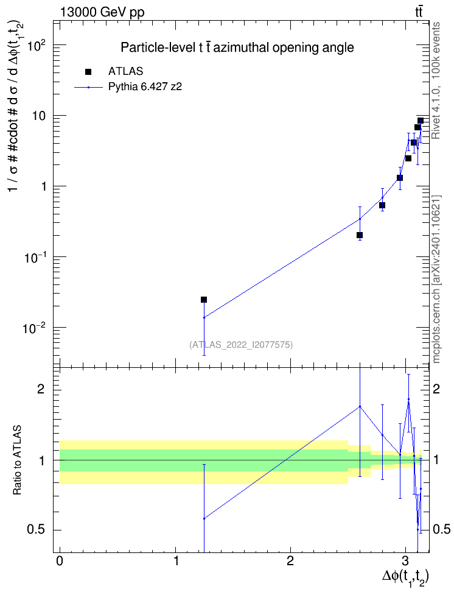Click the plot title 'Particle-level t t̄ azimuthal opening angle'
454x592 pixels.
pyautogui.click(x=237, y=48)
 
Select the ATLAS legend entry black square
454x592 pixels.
pyautogui.click(x=88, y=71)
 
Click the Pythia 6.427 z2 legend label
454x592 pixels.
pyautogui.click(x=145, y=87)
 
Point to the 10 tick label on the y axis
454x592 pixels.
pyautogui.click(x=38, y=116)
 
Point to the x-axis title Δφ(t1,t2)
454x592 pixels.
pyautogui.click(x=405, y=577)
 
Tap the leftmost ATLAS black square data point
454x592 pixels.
pyautogui.click(x=204, y=300)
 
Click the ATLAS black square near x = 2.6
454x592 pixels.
pyautogui.click(x=360, y=235)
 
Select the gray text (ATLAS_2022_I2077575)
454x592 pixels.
pyautogui.click(x=241, y=344)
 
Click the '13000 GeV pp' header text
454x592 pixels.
pyautogui.click(x=102, y=12)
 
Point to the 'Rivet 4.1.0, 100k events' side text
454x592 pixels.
pyautogui.click(x=436, y=80)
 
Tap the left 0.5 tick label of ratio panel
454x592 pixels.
pyautogui.click(x=36, y=530)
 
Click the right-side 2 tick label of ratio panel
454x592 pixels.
pyautogui.click(x=436, y=389)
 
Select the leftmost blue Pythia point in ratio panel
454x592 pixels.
pyautogui.click(x=204, y=518)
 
